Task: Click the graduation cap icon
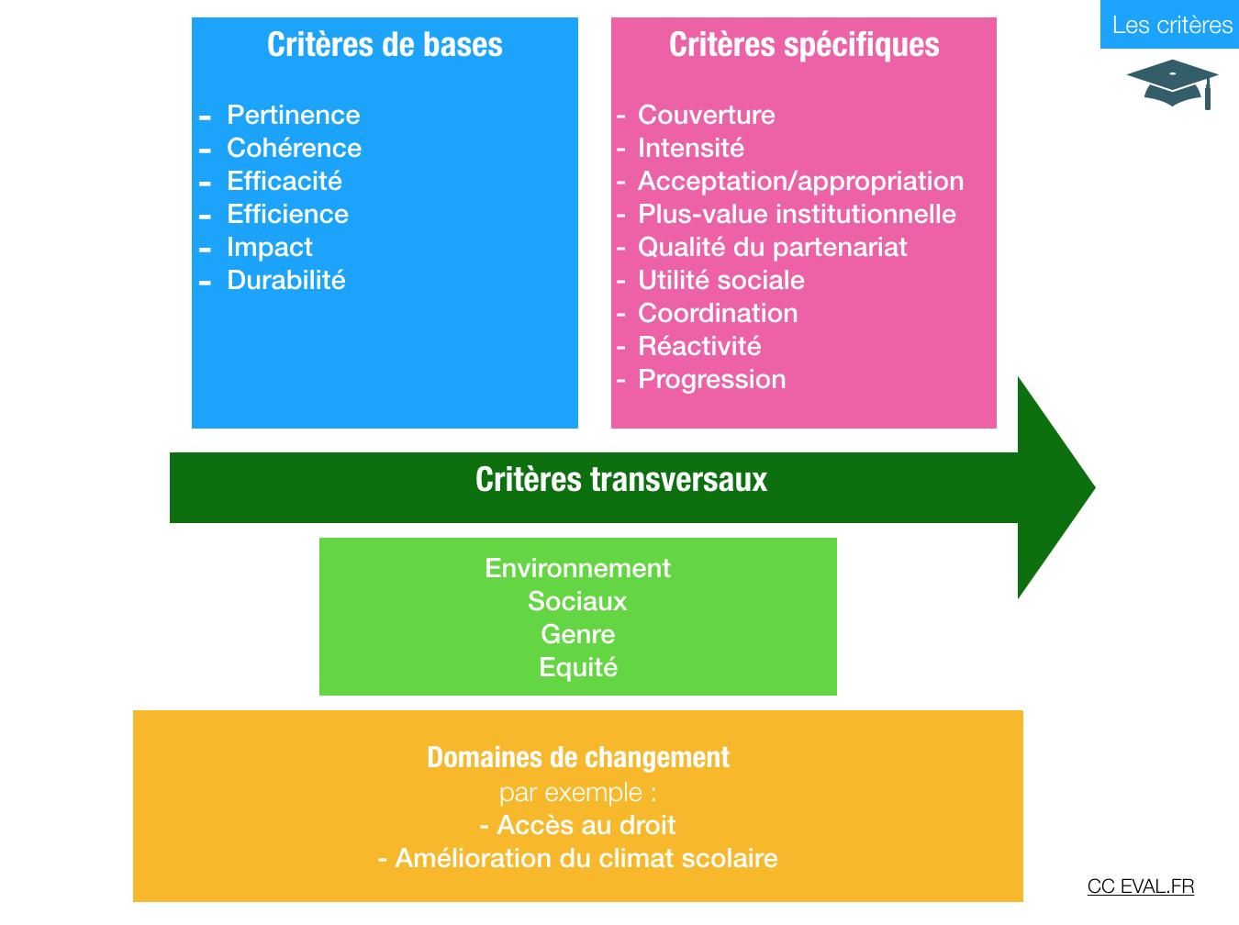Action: (x=1172, y=84)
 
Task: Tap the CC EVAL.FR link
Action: (x=1140, y=886)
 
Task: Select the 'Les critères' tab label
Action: (x=1172, y=25)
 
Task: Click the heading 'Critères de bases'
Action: (x=385, y=45)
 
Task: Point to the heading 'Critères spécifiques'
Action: (x=804, y=45)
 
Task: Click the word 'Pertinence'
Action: (x=293, y=115)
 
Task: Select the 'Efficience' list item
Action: (x=287, y=214)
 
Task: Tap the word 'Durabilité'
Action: (x=285, y=280)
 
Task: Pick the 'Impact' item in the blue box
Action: (x=269, y=248)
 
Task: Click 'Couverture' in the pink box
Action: (x=706, y=115)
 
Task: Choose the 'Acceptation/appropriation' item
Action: (x=800, y=182)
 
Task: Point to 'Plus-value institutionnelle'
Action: (x=797, y=214)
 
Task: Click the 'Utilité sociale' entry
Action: (x=720, y=280)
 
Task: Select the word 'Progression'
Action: (x=711, y=380)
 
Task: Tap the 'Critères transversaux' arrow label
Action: (x=621, y=479)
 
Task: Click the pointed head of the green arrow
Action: (x=1094, y=487)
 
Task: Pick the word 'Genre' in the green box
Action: (x=577, y=634)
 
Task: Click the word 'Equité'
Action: (x=578, y=668)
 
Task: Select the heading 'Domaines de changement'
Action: (x=578, y=757)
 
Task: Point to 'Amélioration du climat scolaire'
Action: (x=586, y=858)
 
